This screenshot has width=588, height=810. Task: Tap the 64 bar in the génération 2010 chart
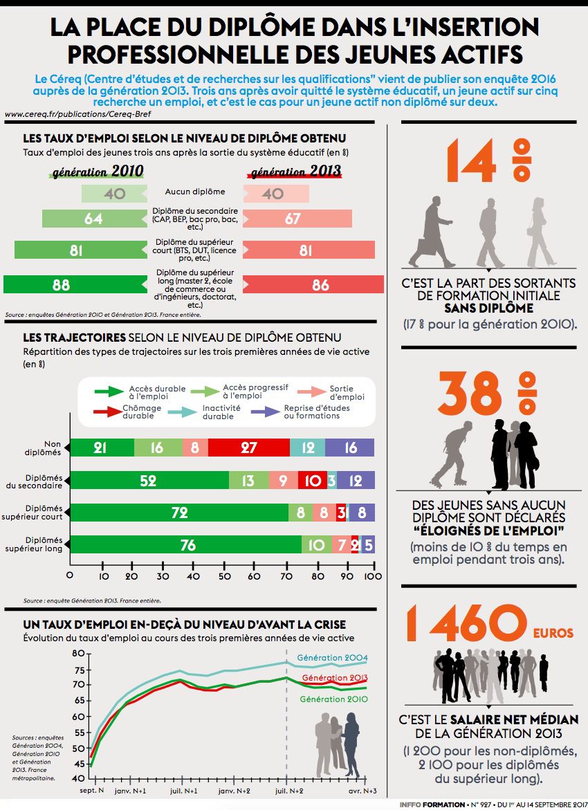tap(93, 219)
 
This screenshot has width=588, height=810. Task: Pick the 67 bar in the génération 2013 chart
tap(297, 219)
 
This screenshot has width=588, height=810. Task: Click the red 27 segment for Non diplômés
tap(249, 448)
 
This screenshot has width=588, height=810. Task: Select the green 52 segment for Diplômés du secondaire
tap(149, 480)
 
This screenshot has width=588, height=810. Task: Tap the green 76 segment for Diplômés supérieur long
tap(187, 545)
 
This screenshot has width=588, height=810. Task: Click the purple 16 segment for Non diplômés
tap(350, 448)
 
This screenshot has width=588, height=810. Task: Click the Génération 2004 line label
tap(332, 658)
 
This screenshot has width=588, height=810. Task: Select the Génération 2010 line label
tap(333, 699)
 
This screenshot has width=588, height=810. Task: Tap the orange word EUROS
tap(553, 633)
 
